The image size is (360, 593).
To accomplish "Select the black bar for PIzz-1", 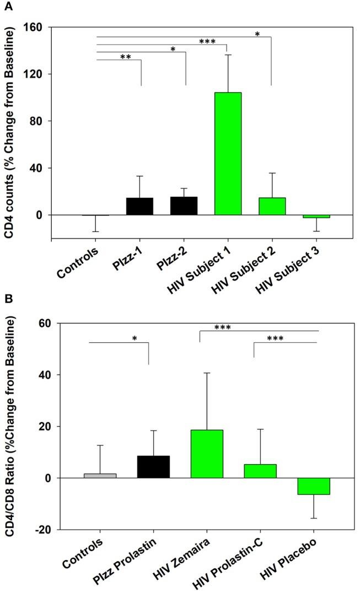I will pyautogui.click(x=139, y=206).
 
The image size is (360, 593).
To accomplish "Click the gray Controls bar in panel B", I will pyautogui.click(x=100, y=476).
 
